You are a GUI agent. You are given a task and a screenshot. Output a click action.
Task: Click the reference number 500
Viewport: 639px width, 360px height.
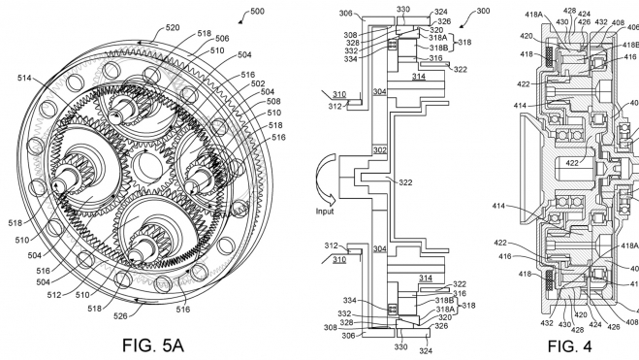[x=257, y=11]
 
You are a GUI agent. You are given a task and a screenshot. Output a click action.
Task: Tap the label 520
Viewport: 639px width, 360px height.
[x=173, y=28]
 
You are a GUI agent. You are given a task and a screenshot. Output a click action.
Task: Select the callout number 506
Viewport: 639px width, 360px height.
[x=222, y=38]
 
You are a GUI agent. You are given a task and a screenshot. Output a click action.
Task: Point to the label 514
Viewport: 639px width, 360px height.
[x=24, y=78]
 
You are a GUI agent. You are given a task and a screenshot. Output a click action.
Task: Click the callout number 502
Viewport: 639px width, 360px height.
[x=258, y=83]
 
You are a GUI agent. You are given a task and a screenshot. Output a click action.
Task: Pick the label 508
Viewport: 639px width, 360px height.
[x=273, y=101]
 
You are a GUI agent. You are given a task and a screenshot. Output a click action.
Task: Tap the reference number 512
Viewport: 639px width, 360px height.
[x=53, y=295]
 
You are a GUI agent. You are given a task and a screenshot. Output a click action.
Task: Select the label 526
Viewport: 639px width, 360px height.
[x=120, y=315]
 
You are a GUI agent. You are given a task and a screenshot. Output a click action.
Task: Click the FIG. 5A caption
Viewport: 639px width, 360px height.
[x=153, y=344]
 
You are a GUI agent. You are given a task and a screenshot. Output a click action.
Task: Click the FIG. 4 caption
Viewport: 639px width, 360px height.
[x=569, y=346]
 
